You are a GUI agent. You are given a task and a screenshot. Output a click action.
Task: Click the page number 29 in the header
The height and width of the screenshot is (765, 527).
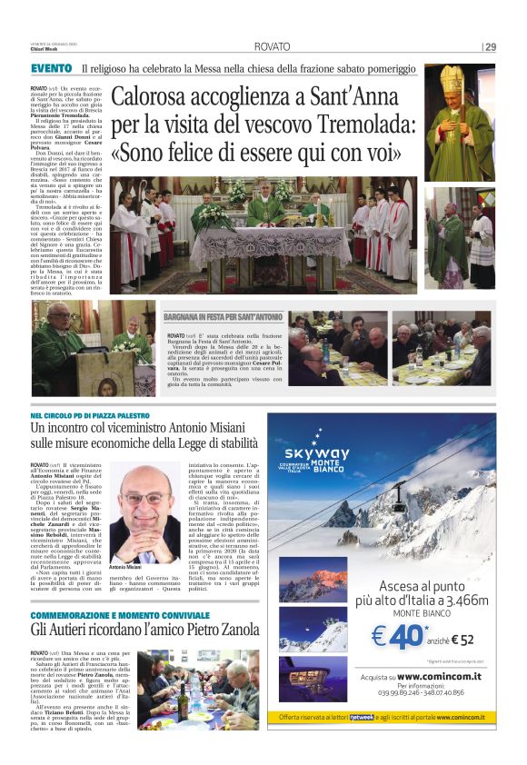click(490, 46)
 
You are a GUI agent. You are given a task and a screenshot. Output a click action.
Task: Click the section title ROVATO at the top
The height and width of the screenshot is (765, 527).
click(272, 46)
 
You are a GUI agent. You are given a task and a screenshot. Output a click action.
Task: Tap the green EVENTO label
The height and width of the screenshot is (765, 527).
click(52, 69)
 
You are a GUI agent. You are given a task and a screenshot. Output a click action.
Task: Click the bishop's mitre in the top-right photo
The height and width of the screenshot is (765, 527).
click(452, 80)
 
